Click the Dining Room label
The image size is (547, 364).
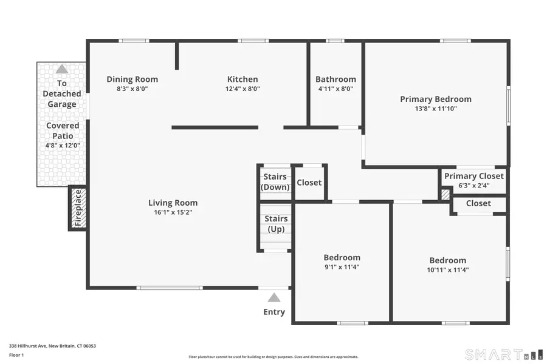[132, 79]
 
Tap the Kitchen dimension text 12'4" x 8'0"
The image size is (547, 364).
[243, 89]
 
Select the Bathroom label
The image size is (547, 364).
[335, 79]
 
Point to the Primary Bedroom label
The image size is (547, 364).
[435, 99]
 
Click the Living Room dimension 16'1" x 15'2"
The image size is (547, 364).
[173, 212]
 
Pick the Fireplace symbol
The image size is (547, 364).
[77, 208]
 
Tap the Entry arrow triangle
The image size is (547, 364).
[274, 297]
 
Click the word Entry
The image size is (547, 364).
[274, 312]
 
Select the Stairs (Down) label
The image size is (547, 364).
[275, 182]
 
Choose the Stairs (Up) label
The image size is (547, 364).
[276, 224]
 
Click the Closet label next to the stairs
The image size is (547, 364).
[309, 183]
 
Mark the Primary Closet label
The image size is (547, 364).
[474, 176]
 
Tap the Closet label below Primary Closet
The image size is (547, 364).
[478, 203]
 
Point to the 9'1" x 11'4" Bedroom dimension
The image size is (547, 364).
[342, 267]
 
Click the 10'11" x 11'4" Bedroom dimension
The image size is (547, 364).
[448, 270]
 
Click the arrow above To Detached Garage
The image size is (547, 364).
[62, 69]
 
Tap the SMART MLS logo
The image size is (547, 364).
[503, 354]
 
